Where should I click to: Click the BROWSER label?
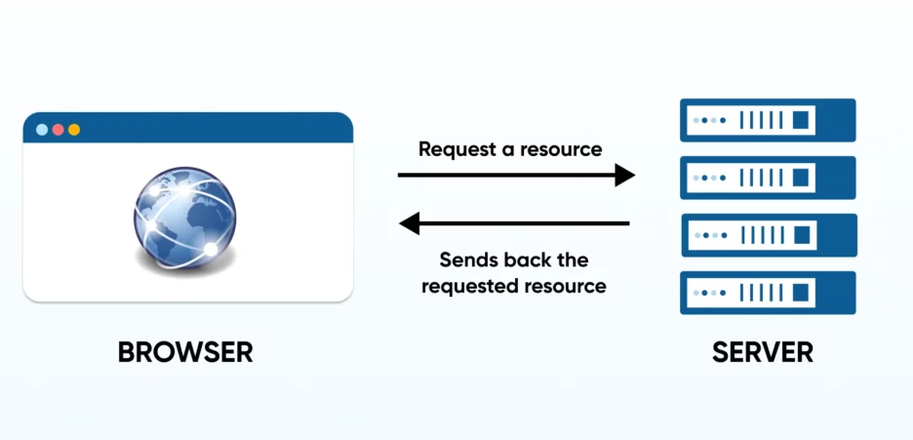tap(185, 352)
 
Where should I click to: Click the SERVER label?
tap(762, 352)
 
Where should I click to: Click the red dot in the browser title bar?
tap(58, 130)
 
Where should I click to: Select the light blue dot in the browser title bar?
tap(42, 130)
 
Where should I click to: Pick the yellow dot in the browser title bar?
tap(74, 130)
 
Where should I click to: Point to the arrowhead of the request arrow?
tap(624, 176)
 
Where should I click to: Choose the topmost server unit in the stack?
tap(768, 120)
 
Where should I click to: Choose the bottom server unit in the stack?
tap(768, 293)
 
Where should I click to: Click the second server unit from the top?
tap(768, 178)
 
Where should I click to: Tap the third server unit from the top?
tap(768, 235)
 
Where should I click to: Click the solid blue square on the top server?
tap(802, 120)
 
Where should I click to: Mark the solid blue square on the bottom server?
tap(802, 293)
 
